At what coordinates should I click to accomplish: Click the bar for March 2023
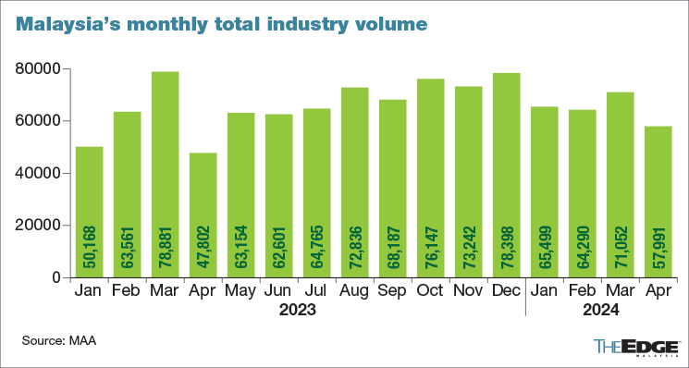coord(165,175)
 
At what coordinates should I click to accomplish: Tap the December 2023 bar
coord(507,175)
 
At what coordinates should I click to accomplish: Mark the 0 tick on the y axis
coord(55,278)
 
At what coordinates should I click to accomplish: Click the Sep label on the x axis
coord(393,292)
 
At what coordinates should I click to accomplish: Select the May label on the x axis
coord(241,292)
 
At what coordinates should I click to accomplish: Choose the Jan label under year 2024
coord(545,292)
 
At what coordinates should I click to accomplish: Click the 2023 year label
coord(298,312)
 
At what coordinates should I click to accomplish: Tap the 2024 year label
coord(601,312)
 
